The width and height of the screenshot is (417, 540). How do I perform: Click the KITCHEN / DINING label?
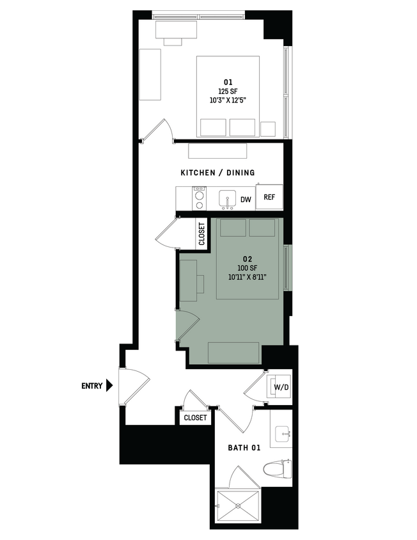point(217,173)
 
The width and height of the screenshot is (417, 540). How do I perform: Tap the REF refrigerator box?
point(269,198)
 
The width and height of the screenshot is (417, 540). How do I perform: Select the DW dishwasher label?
point(246,200)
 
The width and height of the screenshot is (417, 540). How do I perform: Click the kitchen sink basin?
point(227,199)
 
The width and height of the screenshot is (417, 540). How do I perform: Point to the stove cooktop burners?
point(200,198)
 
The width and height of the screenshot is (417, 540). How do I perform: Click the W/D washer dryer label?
point(280,387)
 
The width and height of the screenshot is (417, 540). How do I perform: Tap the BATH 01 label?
point(244,448)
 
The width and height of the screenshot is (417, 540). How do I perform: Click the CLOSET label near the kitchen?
point(201,234)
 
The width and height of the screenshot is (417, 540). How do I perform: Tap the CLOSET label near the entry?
point(195,417)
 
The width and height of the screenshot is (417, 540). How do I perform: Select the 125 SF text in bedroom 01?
point(228,91)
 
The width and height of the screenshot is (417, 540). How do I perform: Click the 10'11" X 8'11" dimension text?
point(247,277)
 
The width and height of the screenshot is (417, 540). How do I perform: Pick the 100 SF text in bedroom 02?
point(247,268)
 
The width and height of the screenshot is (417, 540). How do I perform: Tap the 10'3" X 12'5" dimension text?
point(228,100)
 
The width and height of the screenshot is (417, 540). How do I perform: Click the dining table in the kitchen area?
point(217,151)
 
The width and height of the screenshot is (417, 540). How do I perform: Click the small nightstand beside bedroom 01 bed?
point(267,128)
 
